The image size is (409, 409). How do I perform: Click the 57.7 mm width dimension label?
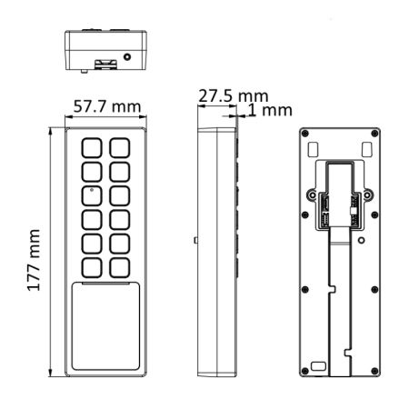pyautogui.click(x=107, y=106)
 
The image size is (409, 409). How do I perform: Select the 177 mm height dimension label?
pyautogui.click(x=34, y=260)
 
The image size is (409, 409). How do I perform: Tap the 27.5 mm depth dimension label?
pyautogui.click(x=234, y=96)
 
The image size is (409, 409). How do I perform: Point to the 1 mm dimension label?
pyautogui.click(x=270, y=110)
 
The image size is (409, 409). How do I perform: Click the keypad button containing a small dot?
pyautogui.click(x=92, y=195)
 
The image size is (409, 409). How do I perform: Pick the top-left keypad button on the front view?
pyautogui.click(x=92, y=148)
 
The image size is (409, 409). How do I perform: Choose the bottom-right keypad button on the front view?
pyautogui.click(x=120, y=268)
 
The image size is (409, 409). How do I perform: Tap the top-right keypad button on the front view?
pyautogui.click(x=120, y=148)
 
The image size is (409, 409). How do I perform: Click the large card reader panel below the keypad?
pyautogui.click(x=105, y=326)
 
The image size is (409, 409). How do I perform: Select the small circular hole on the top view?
pyautogui.click(x=127, y=56)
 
